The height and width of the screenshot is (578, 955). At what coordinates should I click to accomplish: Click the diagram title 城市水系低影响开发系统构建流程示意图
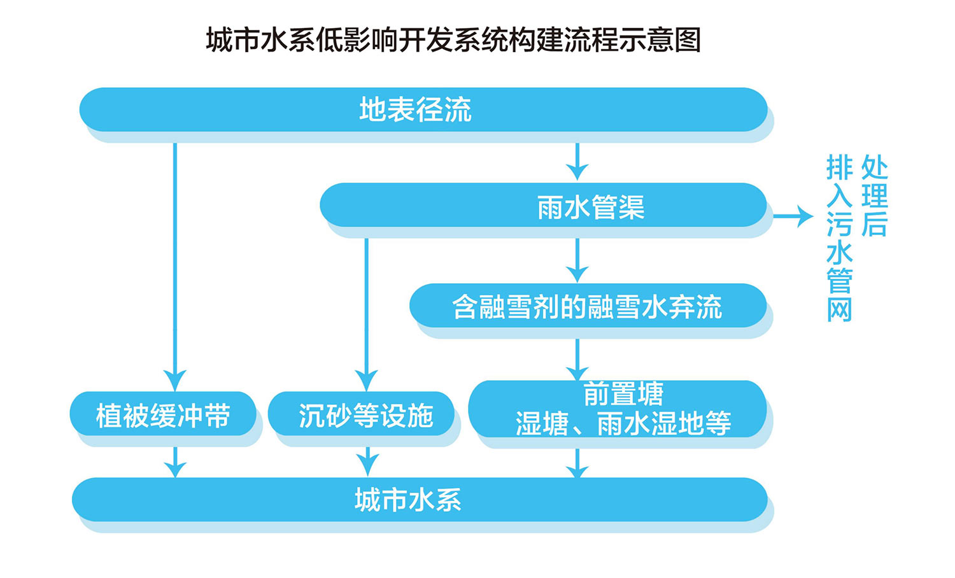(x=453, y=40)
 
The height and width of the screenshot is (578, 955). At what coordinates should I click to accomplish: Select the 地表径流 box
(x=423, y=109)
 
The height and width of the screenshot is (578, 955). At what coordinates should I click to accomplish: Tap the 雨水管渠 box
(x=543, y=205)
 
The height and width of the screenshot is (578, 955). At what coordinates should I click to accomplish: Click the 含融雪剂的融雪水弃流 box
(x=588, y=306)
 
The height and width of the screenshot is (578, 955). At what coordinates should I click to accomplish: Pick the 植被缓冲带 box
(x=163, y=414)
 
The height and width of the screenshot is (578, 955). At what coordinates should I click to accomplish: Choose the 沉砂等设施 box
(x=361, y=414)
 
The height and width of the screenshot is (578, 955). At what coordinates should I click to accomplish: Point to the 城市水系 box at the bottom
(x=420, y=500)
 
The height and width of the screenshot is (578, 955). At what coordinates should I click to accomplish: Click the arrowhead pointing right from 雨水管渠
(x=804, y=216)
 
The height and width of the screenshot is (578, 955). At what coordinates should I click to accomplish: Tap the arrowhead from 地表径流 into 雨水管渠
(x=577, y=171)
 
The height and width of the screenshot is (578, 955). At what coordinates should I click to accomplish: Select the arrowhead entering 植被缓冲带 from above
(x=175, y=380)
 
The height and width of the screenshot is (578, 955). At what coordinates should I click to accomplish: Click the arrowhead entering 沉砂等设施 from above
(x=366, y=380)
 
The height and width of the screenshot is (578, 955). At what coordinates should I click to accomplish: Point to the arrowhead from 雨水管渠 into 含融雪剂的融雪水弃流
(x=577, y=274)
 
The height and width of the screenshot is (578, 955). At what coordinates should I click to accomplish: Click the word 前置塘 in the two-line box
(x=623, y=393)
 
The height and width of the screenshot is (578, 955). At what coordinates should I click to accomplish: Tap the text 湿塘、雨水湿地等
(x=623, y=423)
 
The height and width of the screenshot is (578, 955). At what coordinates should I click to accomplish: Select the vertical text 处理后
(x=874, y=195)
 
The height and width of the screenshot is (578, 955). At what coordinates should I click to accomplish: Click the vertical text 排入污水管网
(x=840, y=238)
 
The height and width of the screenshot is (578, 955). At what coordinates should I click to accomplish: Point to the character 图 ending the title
(x=688, y=40)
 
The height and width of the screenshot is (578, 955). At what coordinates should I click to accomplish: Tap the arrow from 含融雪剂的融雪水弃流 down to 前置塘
(x=577, y=360)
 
